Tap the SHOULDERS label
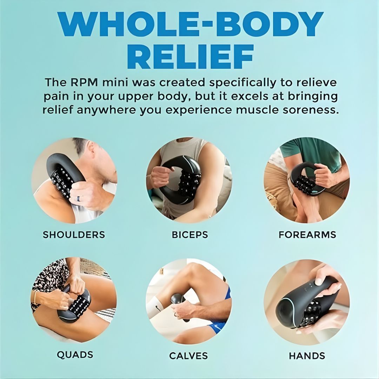click(74, 235)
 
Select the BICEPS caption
click(190, 235)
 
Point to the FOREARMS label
click(307, 235)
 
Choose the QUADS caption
click(75, 355)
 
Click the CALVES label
click(188, 356)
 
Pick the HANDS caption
click(307, 356)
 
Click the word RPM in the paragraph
click(84, 82)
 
